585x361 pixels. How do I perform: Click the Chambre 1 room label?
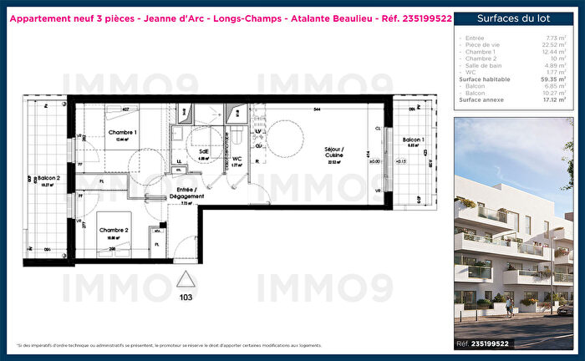122,132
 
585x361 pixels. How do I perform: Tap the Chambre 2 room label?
114,230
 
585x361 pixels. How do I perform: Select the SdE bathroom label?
203,152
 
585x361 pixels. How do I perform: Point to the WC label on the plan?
237,158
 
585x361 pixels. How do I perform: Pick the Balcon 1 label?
413,139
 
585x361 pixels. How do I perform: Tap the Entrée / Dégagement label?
187,192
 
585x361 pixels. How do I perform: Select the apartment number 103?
186,296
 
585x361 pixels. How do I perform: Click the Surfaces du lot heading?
513,18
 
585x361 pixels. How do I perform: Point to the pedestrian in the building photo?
508,308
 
